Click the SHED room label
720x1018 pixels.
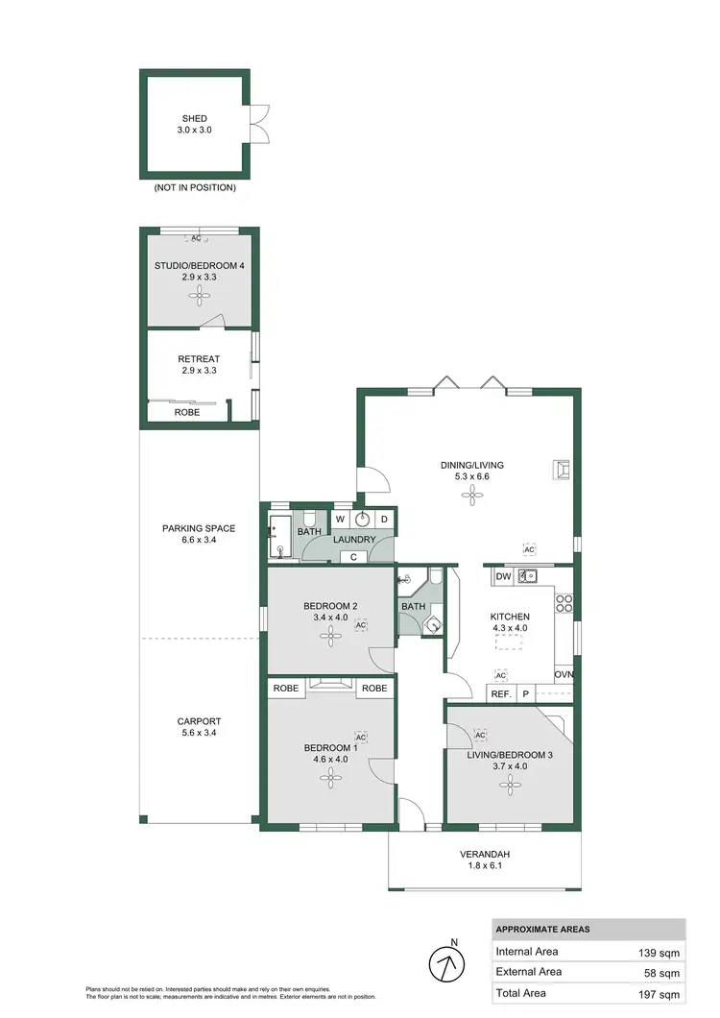[195, 120]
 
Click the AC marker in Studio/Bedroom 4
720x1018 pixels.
[196, 238]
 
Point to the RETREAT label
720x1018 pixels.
[199, 359]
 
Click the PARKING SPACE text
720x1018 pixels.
[199, 528]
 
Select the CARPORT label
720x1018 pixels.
[199, 721]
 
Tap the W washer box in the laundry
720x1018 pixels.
[340, 520]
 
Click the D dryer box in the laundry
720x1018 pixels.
[384, 520]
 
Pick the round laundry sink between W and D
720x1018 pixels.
[362, 520]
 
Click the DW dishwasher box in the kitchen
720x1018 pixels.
[502, 576]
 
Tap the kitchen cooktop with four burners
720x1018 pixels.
[564, 604]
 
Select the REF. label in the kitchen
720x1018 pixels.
[500, 693]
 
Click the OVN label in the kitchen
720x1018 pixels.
[564, 674]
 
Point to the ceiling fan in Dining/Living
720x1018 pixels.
[470, 496]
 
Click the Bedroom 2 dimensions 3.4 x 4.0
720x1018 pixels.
[330, 618]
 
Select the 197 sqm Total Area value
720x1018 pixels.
[662, 993]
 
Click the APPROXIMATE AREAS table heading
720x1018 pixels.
[542, 929]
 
